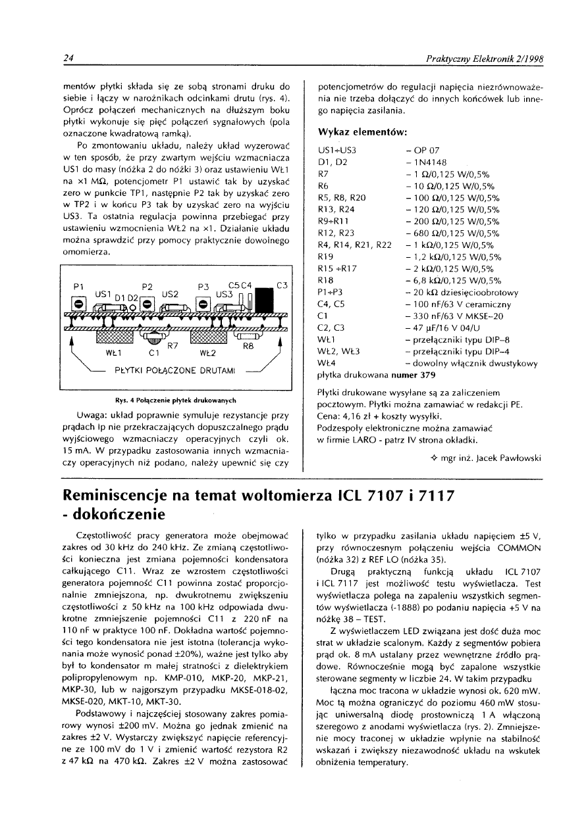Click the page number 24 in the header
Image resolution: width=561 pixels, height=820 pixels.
click(x=67, y=59)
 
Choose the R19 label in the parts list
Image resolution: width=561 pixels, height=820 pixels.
click(x=326, y=256)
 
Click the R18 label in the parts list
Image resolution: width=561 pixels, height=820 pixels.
click(x=326, y=280)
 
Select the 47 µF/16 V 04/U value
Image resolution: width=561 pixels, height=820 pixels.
click(x=440, y=327)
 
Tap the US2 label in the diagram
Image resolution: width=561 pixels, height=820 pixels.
click(x=171, y=293)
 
